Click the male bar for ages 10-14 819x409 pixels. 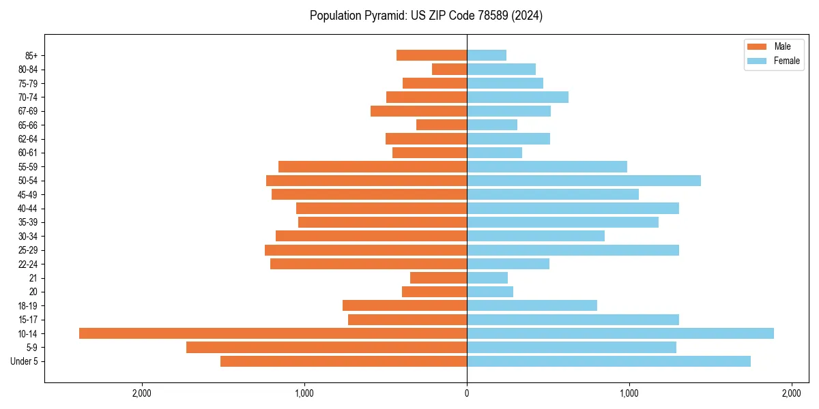tap(273, 333)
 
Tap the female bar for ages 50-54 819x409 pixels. tap(584, 181)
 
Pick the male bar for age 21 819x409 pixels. tap(438, 278)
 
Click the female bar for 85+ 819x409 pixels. tap(487, 55)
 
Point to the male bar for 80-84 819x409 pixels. tap(449, 69)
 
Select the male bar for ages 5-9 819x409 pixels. tap(326, 348)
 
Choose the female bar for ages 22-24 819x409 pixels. tap(508, 264)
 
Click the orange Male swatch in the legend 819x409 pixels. tap(758, 46)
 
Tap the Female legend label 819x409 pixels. tap(786, 61)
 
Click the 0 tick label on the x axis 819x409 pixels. tap(467, 393)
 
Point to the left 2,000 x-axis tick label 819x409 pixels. tap(142, 393)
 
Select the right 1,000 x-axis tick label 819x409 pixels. tap(629, 393)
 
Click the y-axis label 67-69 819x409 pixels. tap(28, 111)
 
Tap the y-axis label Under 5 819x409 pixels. tap(24, 361)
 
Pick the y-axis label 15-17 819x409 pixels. tap(28, 320)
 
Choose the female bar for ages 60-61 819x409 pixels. tap(494, 153)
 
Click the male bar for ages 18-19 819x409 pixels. tap(405, 305)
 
